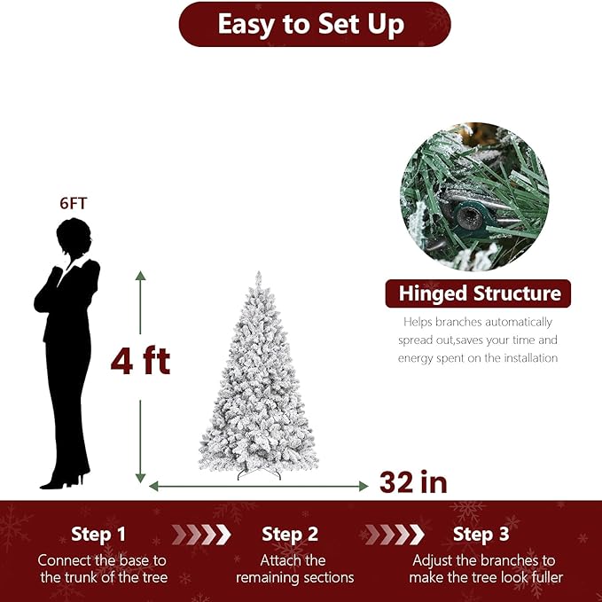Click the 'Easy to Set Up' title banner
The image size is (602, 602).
point(314,24)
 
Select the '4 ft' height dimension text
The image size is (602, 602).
point(140,361)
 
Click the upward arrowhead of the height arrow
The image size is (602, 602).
point(140,276)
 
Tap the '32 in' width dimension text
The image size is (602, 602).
point(413,482)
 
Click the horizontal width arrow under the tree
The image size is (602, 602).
point(258,486)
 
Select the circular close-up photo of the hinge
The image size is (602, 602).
point(474,196)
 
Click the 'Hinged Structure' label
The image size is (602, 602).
point(479,293)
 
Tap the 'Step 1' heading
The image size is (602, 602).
point(98,535)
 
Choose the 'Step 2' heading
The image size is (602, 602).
point(290,535)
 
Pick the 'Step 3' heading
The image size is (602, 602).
point(481,535)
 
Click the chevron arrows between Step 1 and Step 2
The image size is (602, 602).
point(200,535)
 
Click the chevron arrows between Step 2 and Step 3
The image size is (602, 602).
point(394,535)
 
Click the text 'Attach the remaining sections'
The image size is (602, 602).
point(294,569)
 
